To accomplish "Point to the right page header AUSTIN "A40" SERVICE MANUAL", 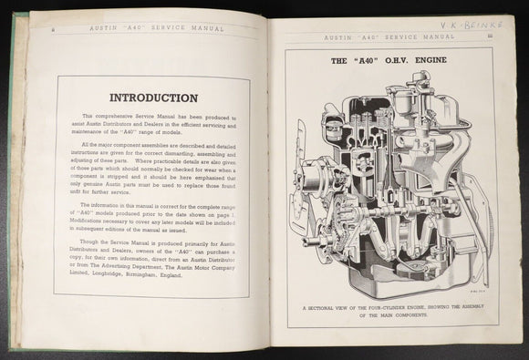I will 389,36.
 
